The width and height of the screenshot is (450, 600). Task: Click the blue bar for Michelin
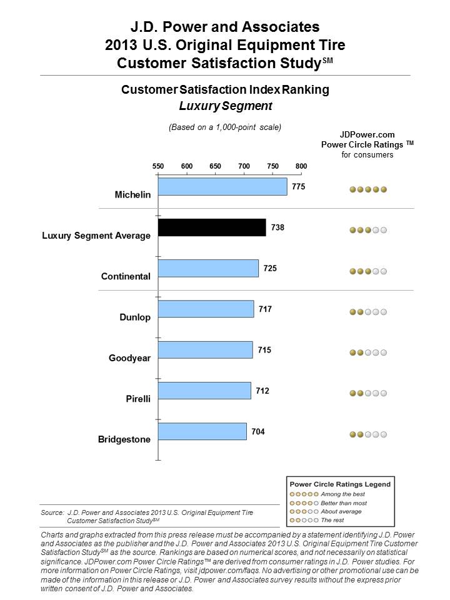[x=222, y=187]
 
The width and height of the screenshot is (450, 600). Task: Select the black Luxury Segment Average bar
[x=212, y=227]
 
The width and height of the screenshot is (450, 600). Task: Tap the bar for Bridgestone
[x=202, y=431]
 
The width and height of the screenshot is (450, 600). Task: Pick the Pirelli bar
[x=204, y=391]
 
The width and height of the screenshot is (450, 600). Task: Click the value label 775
[x=298, y=186]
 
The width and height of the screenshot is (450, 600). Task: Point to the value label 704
[x=258, y=431]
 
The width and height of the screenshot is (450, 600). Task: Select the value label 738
[x=277, y=227]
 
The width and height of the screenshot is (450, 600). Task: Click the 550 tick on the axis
[x=158, y=166]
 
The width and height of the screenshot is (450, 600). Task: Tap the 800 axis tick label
[x=301, y=166]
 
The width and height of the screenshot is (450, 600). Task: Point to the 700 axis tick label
[x=244, y=166]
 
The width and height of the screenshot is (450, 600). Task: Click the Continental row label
[x=126, y=276]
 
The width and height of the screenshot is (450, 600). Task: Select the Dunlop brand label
[x=135, y=317]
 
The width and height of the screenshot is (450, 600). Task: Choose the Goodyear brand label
[x=129, y=358]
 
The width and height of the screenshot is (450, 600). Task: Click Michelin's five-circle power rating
[x=368, y=189]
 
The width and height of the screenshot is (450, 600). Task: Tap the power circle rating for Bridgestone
[x=368, y=434]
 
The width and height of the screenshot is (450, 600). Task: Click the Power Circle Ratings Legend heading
[x=339, y=484]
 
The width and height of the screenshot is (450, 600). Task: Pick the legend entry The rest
[x=331, y=520]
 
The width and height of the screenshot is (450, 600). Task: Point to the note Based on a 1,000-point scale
[x=225, y=127]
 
